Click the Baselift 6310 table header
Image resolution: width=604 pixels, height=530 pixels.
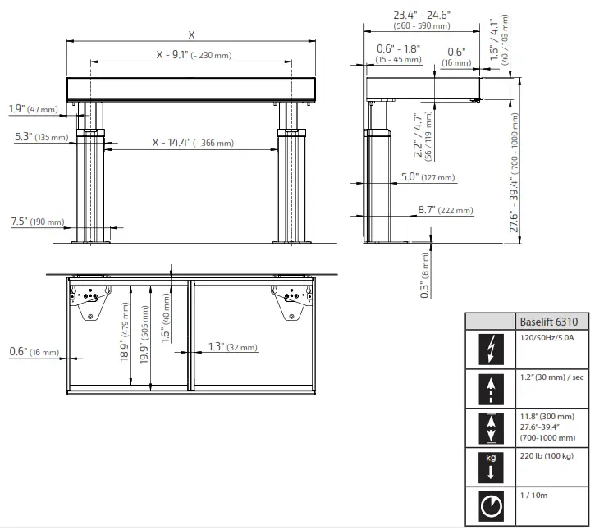[548, 322]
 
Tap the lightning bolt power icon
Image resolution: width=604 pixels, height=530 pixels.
[491, 349]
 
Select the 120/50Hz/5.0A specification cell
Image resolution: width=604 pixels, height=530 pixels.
[547, 338]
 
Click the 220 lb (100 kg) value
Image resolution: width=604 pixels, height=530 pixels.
[547, 456]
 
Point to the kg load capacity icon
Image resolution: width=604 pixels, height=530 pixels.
[491, 467]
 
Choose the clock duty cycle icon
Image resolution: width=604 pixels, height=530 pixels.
[491, 506]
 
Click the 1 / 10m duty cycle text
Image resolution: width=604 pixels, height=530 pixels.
[533, 496]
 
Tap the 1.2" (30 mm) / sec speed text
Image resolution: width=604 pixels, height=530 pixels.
[551, 377]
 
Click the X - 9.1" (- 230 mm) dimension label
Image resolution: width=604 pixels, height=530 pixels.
[194, 55]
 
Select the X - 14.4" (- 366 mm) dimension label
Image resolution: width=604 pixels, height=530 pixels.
[193, 143]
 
